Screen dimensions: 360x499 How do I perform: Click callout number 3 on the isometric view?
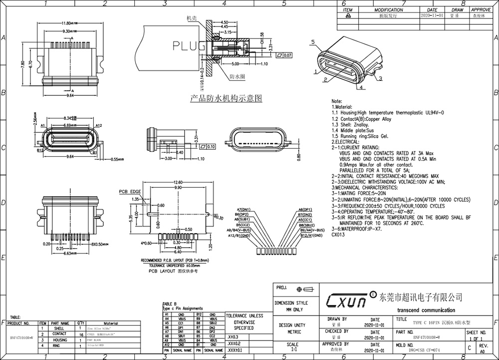click(380, 79)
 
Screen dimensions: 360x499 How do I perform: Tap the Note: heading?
click(337, 101)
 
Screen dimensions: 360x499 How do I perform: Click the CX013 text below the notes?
click(338, 234)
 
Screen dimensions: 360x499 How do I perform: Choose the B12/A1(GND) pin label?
click(305, 234)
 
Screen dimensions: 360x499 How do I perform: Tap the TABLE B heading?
click(170, 304)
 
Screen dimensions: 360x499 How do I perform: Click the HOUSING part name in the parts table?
click(60, 340)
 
